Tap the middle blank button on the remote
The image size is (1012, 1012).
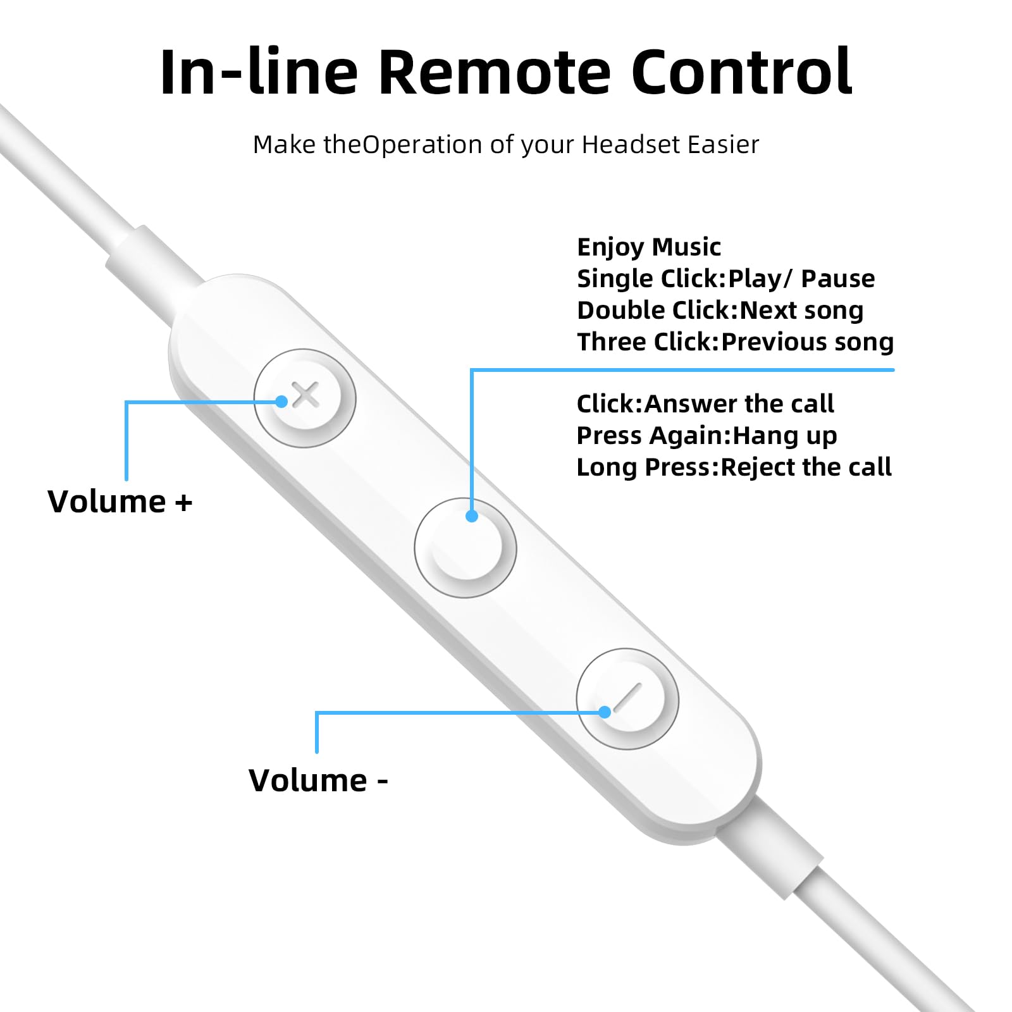pyautogui.click(x=466, y=548)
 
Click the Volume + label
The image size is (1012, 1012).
pyautogui.click(x=120, y=502)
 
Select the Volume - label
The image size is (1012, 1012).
pyautogui.click(x=318, y=780)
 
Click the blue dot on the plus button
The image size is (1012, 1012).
pyautogui.click(x=282, y=401)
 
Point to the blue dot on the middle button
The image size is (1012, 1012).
pyautogui.click(x=471, y=516)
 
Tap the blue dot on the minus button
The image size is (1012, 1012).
pyautogui.click(x=605, y=712)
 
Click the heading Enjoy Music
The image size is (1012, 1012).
pyautogui.click(x=649, y=247)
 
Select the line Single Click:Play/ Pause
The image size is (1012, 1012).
pyautogui.click(x=726, y=279)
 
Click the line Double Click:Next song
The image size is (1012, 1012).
pyautogui.click(x=720, y=311)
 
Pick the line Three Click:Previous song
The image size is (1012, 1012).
pyautogui.click(x=736, y=342)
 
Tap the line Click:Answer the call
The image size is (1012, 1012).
pyautogui.click(x=705, y=404)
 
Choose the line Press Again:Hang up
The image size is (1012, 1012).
pyautogui.click(x=707, y=436)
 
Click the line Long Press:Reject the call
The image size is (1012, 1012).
pyautogui.click(x=734, y=467)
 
